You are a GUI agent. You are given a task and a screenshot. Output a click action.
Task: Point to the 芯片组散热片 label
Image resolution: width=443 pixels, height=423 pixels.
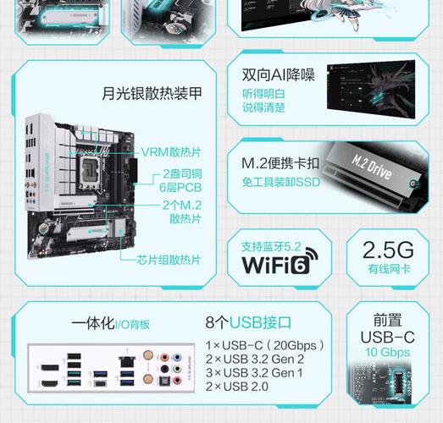169,261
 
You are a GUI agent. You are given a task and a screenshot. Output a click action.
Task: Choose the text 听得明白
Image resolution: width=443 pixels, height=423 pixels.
263,93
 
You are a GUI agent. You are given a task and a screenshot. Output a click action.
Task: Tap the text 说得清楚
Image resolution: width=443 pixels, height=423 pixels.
263,107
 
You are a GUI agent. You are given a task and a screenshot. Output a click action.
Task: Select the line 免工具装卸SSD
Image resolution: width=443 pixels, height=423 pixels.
281,180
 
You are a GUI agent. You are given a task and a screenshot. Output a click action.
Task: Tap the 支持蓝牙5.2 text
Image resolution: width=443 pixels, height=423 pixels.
271,247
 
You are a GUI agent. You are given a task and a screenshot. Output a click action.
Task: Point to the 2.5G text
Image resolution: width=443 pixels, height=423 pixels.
389,250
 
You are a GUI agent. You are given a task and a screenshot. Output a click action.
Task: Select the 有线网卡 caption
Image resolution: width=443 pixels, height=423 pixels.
389,270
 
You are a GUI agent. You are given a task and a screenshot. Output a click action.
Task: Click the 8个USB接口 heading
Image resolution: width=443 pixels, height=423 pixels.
248,323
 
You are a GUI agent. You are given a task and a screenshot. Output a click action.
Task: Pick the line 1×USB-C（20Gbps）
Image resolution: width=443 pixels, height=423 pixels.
266,346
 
